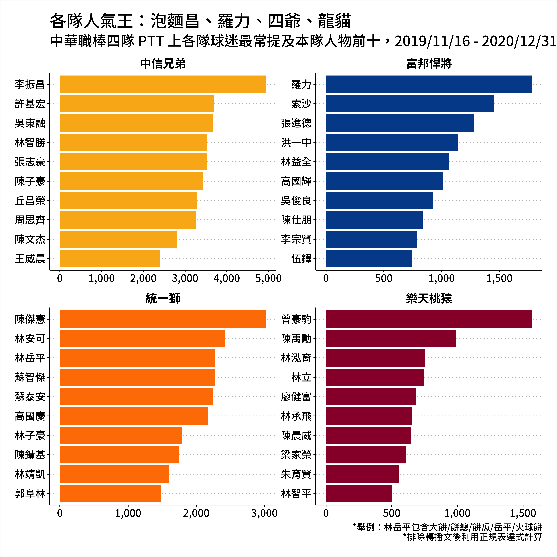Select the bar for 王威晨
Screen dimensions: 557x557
pyautogui.click(x=110, y=259)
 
